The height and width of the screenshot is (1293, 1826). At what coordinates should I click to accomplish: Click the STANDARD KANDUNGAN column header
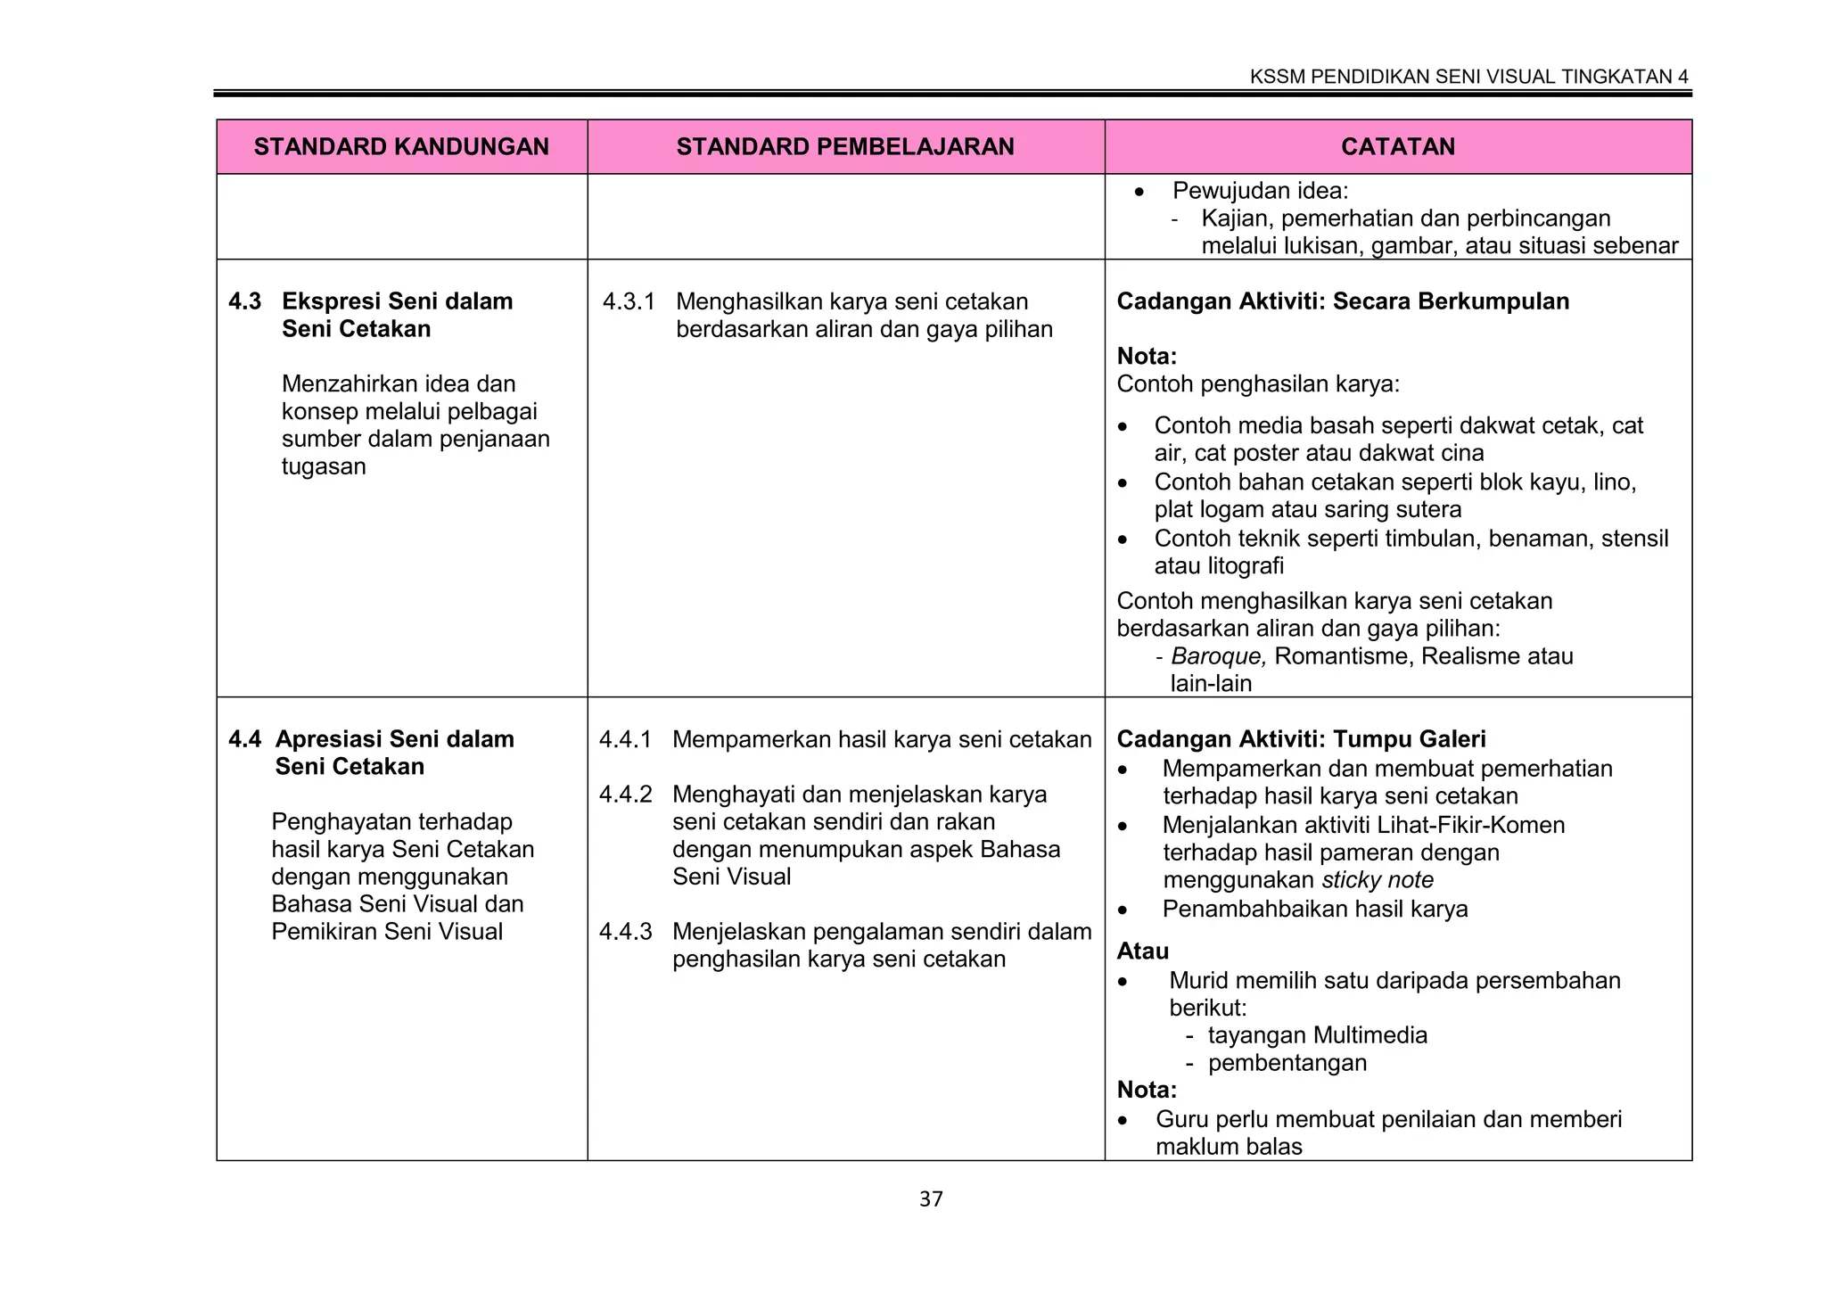point(401,147)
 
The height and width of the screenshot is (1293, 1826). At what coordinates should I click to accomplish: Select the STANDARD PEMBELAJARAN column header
point(845,147)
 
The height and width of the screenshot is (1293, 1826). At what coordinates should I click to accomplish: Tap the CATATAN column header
point(1397,147)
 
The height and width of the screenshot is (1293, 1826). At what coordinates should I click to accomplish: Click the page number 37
point(931,1199)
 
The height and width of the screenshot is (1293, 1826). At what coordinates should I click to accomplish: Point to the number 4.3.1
point(629,301)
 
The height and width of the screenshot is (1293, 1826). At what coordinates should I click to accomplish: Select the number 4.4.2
point(625,795)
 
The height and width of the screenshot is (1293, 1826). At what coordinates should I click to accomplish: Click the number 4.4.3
point(625,932)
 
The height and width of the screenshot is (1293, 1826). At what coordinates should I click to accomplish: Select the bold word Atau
point(1142,951)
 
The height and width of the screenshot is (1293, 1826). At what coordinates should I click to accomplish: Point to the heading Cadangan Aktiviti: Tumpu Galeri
point(1301,739)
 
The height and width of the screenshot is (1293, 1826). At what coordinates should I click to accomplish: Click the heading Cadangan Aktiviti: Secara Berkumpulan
point(1343,301)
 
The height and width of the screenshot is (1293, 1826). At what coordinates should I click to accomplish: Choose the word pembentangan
point(1287,1063)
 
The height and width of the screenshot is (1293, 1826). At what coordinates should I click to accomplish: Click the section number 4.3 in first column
point(244,301)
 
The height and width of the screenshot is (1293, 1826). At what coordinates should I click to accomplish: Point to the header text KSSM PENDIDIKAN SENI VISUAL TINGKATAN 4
point(1468,77)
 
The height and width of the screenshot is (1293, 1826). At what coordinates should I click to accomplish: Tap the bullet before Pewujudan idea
point(1139,192)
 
